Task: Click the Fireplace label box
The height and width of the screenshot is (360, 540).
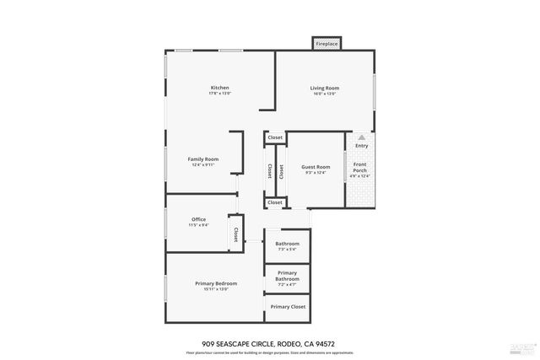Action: [327, 43]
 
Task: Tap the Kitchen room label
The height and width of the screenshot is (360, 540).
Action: [220, 88]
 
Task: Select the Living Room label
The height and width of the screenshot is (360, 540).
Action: [324, 88]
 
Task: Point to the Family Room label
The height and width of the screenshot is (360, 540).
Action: [203, 159]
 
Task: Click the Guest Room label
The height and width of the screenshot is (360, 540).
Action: [316, 167]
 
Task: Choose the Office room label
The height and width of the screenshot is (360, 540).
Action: [198, 219]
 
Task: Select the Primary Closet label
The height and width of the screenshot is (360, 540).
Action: [288, 307]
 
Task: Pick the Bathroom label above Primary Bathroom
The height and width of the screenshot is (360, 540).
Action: [287, 244]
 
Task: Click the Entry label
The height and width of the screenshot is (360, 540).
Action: [361, 146]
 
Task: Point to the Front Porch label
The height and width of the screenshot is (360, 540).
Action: [360, 166]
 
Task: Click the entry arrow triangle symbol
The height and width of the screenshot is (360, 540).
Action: [361, 137]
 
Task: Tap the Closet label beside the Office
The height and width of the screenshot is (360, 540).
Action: [235, 234]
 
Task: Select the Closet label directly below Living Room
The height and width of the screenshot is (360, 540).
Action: [275, 137]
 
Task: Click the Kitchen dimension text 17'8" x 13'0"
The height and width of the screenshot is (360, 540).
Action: [220, 94]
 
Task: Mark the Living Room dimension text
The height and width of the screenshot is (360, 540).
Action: [324, 94]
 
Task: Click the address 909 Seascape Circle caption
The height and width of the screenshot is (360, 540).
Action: [269, 343]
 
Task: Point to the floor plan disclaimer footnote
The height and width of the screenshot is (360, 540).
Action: [269, 352]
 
